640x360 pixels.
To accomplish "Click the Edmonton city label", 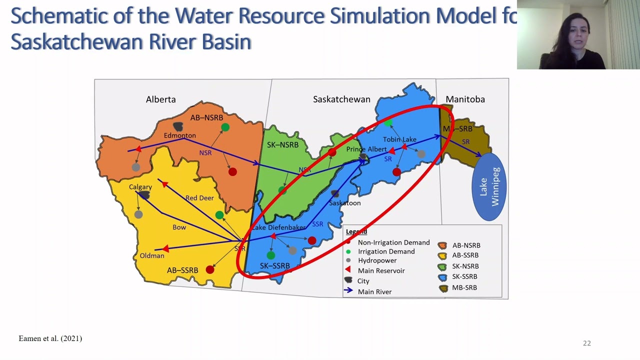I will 179,135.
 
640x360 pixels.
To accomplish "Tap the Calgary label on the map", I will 140,187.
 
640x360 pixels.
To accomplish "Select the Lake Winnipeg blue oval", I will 489,186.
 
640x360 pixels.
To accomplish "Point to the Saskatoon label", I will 344,203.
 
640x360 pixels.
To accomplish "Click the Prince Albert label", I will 366,149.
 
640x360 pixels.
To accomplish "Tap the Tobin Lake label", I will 399,139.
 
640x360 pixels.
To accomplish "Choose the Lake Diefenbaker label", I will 278,227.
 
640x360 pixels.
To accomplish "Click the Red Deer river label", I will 199,198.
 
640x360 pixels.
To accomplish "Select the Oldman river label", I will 152,255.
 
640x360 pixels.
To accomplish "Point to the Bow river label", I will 179,227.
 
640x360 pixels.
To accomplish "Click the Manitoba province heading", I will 465,99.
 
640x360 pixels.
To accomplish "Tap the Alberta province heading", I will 160,99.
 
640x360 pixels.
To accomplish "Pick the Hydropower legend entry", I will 377,260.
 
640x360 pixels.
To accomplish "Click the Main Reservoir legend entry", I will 381,270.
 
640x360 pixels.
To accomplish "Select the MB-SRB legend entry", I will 464,287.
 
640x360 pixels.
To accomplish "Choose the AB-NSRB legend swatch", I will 442,245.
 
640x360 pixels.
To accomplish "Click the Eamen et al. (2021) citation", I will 50,338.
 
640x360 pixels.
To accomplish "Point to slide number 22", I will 586,343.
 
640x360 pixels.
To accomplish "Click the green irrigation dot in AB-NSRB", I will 225,127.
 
